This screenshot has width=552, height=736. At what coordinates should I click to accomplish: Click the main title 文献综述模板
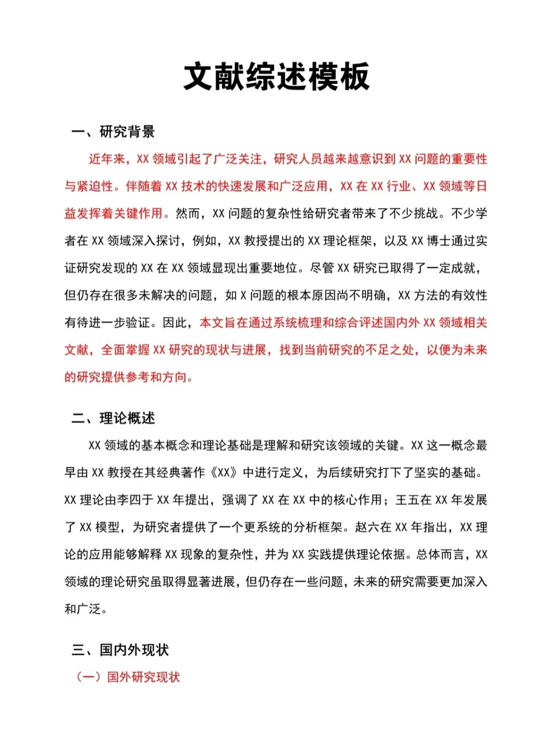point(276,77)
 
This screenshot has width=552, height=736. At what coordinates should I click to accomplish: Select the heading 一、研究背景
point(113,132)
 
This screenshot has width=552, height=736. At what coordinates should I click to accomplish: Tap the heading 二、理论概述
point(113,418)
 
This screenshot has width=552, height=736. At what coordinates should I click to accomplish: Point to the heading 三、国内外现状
point(120,650)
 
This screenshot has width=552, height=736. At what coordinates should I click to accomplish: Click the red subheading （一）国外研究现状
point(128,677)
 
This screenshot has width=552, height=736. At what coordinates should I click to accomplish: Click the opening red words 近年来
point(107,159)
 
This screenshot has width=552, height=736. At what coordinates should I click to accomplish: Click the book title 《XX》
point(224,473)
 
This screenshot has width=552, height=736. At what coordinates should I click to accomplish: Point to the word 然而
point(188,214)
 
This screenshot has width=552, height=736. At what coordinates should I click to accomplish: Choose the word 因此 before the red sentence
point(175,323)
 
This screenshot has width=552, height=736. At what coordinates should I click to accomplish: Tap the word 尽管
point(323,268)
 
